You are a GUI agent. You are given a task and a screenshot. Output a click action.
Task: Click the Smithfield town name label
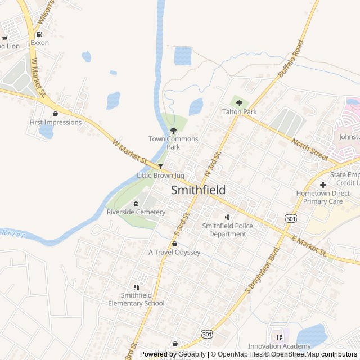point(198,190)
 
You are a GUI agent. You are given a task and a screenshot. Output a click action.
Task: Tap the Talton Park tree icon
point(240,103)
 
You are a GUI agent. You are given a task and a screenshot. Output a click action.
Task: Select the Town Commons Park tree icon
point(173,130)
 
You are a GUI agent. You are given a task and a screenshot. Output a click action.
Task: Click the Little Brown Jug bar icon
point(160,166)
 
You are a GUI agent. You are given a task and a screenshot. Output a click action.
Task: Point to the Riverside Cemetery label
point(136,212)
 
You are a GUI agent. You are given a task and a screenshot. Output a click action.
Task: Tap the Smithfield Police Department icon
point(228,217)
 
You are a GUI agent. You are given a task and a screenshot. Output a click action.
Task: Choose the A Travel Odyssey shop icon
point(174,244)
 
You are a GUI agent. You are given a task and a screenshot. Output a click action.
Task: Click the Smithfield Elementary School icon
point(136,287)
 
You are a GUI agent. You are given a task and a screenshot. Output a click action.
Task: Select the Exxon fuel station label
point(40,42)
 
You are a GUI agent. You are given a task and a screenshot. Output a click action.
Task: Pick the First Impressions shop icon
point(55,114)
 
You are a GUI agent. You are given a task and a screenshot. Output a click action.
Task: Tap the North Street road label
point(309,147)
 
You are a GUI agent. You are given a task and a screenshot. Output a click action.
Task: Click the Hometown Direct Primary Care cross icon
point(323,184)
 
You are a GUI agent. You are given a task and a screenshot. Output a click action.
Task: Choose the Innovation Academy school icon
point(279,337)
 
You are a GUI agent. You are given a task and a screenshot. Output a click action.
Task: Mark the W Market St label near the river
point(129,152)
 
